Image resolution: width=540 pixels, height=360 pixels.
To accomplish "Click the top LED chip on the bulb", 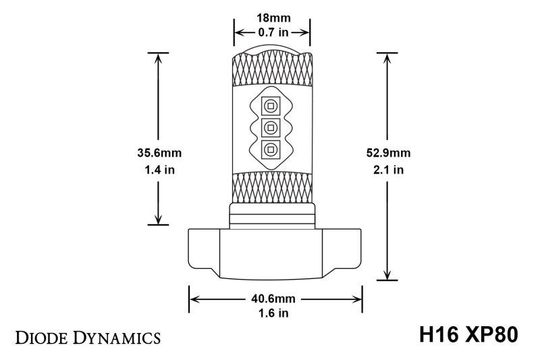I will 271,105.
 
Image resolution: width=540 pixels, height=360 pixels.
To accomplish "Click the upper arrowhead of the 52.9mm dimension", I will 387,57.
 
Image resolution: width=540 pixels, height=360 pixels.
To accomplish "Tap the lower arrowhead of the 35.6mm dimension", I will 158,219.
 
